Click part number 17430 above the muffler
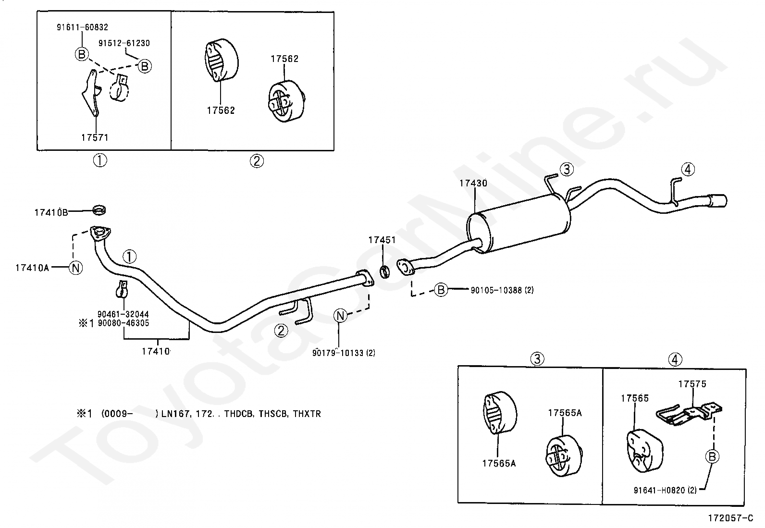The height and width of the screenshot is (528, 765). click(x=473, y=183)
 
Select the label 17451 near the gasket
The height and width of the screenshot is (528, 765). click(x=382, y=240)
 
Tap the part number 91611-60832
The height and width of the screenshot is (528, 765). click(x=82, y=27)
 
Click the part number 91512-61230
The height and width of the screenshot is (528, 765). click(x=124, y=43)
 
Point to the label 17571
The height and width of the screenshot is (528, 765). click(x=95, y=137)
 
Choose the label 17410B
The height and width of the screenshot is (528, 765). click(x=51, y=212)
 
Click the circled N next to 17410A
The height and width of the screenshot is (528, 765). click(x=75, y=268)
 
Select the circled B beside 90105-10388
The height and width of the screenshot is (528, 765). click(x=441, y=289)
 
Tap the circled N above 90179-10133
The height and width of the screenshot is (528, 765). click(x=340, y=316)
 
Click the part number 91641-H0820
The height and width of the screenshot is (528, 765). click(x=660, y=491)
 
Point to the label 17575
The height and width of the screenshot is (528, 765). click(x=692, y=384)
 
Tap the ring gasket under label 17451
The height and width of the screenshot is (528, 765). click(x=385, y=272)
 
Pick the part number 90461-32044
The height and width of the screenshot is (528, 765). click(x=123, y=314)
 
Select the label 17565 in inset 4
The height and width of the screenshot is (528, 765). click(x=634, y=398)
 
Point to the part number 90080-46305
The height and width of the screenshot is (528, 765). click(x=123, y=323)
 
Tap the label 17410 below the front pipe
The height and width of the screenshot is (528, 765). click(x=156, y=351)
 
